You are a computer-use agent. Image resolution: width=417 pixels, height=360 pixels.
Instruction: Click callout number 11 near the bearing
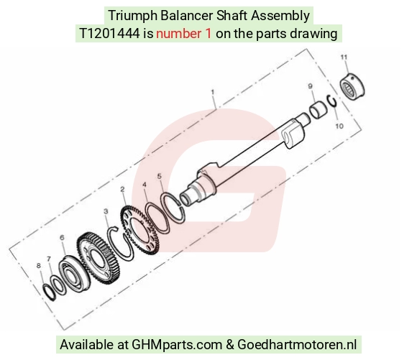pos(344,57)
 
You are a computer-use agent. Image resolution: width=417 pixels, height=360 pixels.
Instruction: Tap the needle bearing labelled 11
pos(352,85)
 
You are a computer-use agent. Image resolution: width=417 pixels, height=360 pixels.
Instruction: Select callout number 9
pos(310,86)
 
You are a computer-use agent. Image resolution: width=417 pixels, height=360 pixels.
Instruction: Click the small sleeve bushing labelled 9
pos(318,109)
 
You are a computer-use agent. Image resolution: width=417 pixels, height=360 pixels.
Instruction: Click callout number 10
pos(339,126)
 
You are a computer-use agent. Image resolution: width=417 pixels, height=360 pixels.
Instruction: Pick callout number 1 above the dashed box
pos(213,92)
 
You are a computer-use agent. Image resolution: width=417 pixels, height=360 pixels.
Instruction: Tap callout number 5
pos(160,176)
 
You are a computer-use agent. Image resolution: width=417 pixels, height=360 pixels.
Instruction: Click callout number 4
pos(145,185)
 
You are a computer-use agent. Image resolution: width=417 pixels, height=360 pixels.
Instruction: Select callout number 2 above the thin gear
pos(122,189)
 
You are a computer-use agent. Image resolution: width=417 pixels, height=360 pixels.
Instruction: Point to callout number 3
pos(106,211)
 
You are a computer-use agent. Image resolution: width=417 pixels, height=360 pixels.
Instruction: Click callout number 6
pos(62,237)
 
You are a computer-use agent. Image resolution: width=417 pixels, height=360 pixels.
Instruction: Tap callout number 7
pos(49,259)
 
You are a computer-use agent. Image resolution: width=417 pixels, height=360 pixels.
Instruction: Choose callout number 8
pos(39,265)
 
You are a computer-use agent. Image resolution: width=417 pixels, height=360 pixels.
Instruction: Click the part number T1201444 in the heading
pos(109,34)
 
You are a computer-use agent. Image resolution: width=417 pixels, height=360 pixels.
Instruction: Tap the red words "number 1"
pos(184,34)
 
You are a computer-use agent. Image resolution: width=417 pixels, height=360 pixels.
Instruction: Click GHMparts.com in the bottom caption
pos(177,345)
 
